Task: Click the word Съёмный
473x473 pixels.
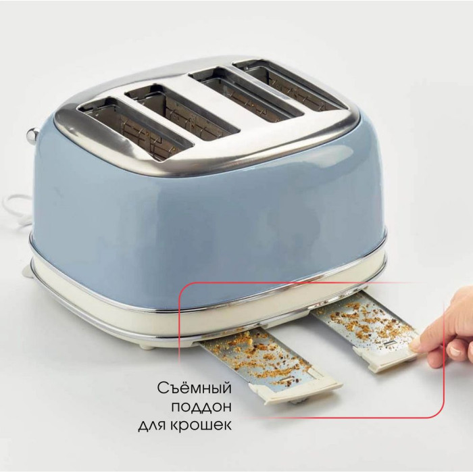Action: tap(195, 388)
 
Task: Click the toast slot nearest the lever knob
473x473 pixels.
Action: tap(134, 128)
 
